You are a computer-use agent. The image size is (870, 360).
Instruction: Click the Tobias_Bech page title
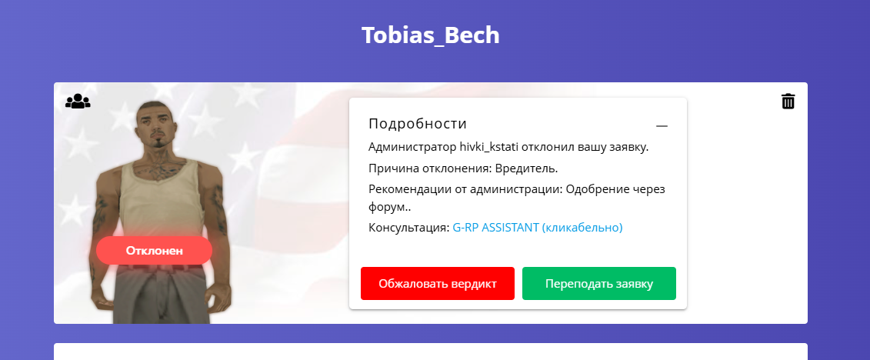point(431,35)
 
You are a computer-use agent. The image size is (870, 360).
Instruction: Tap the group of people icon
point(78,101)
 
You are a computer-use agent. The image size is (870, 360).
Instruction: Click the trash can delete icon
point(788,101)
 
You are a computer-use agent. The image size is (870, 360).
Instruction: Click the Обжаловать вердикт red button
point(437,283)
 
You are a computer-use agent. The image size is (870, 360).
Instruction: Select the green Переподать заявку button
point(598,283)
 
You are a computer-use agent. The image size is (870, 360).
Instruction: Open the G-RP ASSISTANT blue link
point(538,228)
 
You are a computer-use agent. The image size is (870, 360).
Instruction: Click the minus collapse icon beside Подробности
point(662,126)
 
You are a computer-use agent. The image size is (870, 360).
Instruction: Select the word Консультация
point(409,228)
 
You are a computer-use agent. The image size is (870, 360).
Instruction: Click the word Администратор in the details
point(412,148)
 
